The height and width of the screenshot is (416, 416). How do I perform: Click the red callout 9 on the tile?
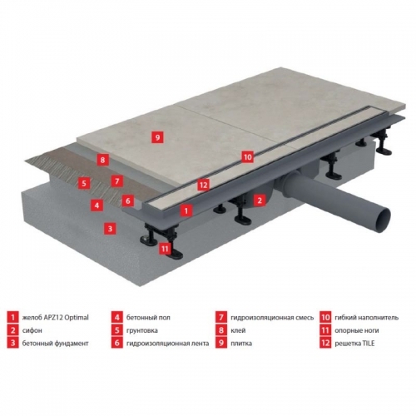pos(157,137)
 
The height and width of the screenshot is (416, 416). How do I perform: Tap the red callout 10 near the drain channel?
pos(247,157)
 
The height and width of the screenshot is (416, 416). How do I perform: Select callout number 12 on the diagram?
pos(203,185)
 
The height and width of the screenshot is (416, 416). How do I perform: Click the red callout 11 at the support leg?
pos(165,249)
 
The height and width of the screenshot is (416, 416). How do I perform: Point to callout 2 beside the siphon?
pos(260,200)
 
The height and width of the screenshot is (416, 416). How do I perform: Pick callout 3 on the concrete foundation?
pos(110,229)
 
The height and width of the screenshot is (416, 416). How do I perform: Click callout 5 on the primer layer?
pos(84,183)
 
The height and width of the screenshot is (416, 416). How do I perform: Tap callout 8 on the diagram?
pos(102,160)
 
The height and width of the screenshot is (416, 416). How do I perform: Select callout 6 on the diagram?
pos(128,201)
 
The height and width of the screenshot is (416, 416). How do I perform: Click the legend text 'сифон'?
pos(32,330)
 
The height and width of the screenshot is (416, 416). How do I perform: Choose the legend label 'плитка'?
pos(241,344)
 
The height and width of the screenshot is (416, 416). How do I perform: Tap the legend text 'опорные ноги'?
pos(357,330)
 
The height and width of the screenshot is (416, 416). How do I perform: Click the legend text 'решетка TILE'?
pos(354,344)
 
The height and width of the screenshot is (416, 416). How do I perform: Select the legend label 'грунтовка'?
pos(142,330)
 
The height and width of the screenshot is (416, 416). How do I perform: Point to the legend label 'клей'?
pos(238,330)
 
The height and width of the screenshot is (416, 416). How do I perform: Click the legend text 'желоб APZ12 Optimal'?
pos(55,318)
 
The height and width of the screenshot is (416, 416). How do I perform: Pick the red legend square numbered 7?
pos(221,317)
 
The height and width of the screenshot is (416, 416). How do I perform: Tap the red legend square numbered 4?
pos(116,317)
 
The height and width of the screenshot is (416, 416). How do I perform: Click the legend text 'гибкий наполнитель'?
pos(367,318)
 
